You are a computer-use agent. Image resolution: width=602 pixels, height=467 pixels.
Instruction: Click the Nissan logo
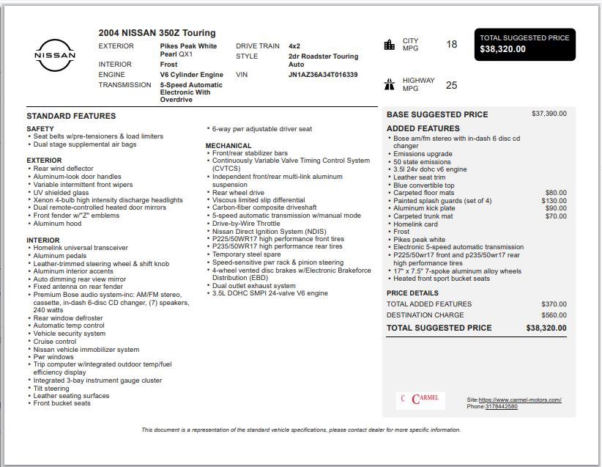(x=55, y=55)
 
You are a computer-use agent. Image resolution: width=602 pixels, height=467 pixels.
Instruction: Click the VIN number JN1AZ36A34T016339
(x=323, y=75)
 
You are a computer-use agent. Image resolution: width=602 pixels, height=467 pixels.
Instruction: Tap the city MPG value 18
(x=451, y=45)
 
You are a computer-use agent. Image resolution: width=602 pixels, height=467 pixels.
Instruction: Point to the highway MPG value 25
(x=451, y=85)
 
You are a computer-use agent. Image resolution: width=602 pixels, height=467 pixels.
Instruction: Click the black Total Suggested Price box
(x=524, y=44)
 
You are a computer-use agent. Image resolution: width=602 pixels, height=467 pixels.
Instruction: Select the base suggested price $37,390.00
(x=549, y=114)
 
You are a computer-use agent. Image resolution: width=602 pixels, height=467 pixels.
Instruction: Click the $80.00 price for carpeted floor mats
(x=556, y=193)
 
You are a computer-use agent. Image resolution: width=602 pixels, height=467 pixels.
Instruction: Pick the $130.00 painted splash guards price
(x=554, y=201)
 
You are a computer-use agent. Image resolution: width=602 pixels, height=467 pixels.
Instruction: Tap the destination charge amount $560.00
(x=554, y=315)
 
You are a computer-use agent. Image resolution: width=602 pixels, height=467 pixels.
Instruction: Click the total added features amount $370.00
(x=554, y=304)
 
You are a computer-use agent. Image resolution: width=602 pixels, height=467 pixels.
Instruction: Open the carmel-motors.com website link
(x=520, y=400)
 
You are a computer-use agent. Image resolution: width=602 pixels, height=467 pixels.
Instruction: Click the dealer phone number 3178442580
(x=501, y=407)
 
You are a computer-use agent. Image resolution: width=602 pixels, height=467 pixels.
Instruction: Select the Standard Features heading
(x=71, y=116)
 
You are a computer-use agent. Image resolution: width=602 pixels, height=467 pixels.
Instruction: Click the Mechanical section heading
(x=228, y=146)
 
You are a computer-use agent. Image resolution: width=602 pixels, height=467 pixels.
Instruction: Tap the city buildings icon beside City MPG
(x=389, y=45)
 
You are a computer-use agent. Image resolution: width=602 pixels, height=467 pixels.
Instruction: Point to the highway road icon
(x=389, y=84)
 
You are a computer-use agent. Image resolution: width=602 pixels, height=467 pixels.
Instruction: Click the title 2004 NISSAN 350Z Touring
(x=157, y=33)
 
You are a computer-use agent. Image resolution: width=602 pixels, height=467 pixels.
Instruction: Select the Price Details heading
(x=412, y=293)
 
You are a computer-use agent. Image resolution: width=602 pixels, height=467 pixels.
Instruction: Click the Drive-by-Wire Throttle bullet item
(x=246, y=224)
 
